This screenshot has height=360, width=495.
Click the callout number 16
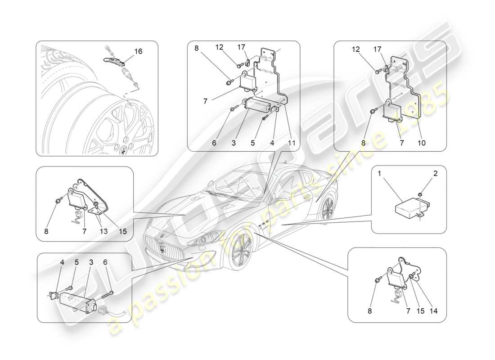138,51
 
